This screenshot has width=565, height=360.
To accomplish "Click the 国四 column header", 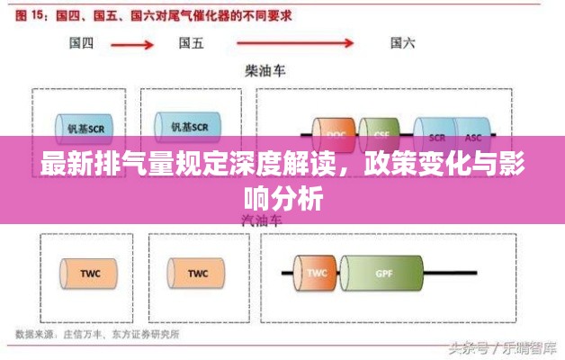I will pyautogui.click(x=82, y=42).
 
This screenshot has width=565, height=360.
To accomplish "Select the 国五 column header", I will pyautogui.click(x=191, y=42).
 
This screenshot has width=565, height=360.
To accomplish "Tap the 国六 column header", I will pyautogui.click(x=403, y=42).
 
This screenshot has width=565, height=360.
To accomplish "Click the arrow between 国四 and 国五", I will pyautogui.click(x=136, y=42).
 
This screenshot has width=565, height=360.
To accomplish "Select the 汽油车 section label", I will pyautogui.click(x=261, y=220).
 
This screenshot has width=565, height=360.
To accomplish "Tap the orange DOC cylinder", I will pyautogui.click(x=335, y=135).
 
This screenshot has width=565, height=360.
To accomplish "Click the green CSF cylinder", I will pyautogui.click(x=381, y=135).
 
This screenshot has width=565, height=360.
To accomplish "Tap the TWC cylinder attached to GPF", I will pyautogui.click(x=316, y=272).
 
